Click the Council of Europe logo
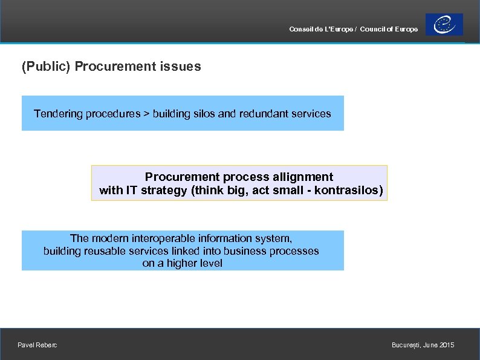point(444,25)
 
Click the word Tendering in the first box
point(56,114)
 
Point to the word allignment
point(303,177)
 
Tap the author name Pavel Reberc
point(37,345)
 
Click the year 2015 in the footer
point(447,345)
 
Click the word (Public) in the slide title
point(46,67)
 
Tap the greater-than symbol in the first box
point(146,114)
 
